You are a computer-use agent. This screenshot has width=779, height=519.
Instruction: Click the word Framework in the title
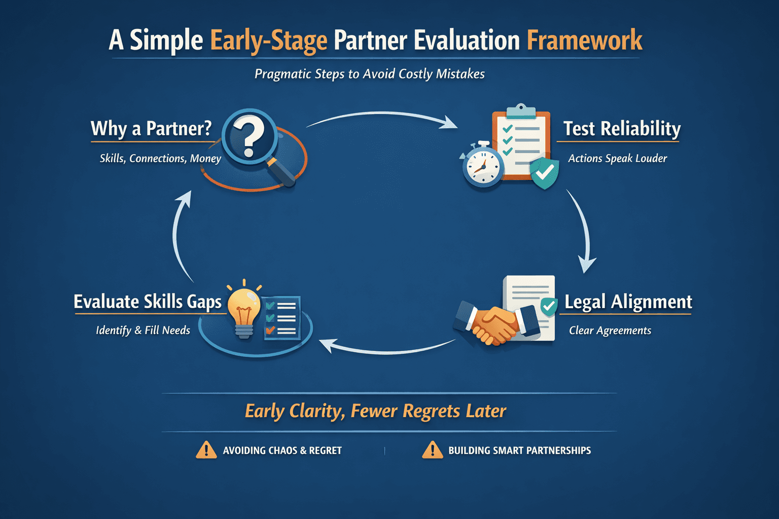coord(584,41)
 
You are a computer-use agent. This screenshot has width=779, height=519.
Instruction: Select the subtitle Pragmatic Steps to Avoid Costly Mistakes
coord(369,74)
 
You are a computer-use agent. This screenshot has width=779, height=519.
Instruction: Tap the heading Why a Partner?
coord(151,129)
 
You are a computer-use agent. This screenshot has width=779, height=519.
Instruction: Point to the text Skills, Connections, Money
coord(160,159)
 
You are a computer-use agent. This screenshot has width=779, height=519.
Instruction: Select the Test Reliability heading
coord(622,129)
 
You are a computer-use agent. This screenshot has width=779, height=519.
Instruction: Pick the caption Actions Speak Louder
coord(617,159)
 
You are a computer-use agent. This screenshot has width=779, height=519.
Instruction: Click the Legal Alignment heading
coord(628,302)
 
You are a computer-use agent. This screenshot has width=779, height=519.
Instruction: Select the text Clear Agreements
coord(610,330)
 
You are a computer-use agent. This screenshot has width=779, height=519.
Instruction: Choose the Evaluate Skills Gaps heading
coord(148,302)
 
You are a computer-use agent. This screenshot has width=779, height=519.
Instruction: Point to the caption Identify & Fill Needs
coord(143,330)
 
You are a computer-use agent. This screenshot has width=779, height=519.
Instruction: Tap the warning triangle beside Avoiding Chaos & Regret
coord(206,450)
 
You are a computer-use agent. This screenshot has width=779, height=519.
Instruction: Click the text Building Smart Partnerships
coord(519,451)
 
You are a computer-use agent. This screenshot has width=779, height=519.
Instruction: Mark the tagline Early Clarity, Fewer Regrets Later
coord(375,411)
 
